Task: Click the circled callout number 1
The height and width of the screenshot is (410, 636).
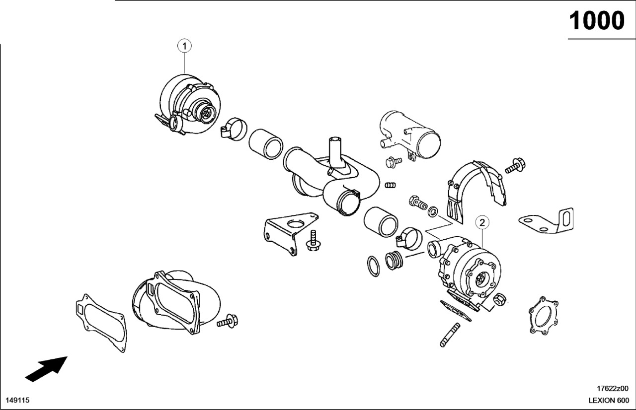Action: click(184, 46)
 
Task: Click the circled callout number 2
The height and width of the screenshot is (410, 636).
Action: click(482, 222)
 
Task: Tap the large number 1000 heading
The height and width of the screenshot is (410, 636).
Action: click(597, 21)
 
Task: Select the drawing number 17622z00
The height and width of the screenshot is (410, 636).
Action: click(613, 388)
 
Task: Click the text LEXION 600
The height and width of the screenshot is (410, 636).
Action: click(609, 401)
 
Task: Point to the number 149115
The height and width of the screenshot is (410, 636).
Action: click(17, 401)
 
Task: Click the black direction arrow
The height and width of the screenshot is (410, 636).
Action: click(46, 369)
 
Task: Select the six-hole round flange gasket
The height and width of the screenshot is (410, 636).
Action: click(544, 315)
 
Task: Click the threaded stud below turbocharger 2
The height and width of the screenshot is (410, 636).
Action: click(450, 335)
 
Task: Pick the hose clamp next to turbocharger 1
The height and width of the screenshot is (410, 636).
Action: click(234, 129)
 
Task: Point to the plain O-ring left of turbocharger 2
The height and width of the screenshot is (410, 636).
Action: click(373, 266)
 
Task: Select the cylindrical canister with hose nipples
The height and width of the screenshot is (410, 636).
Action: click(410, 135)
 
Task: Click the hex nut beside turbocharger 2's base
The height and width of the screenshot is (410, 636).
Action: click(499, 300)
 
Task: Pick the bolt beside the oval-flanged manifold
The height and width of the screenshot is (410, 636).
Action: click(228, 321)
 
